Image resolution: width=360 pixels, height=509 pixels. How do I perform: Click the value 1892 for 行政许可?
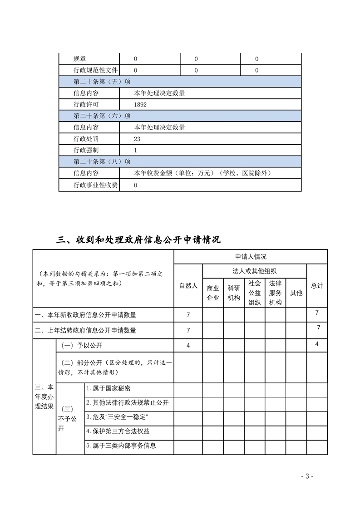[140, 104]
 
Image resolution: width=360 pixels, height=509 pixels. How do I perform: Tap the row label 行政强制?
[86, 150]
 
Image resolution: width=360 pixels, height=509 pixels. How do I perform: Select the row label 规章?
[79, 59]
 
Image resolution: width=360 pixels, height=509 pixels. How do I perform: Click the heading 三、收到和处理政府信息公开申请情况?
[138, 240]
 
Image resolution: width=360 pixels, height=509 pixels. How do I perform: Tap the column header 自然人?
[188, 285]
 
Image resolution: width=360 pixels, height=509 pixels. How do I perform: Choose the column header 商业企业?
[213, 293]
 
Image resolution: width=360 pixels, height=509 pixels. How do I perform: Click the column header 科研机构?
[234, 293]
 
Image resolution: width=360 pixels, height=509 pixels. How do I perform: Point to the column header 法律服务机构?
[276, 293]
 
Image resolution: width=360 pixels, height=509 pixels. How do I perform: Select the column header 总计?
[317, 285]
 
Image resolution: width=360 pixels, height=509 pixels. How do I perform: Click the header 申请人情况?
[251, 257]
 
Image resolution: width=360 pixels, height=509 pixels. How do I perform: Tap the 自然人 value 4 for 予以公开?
[188, 346]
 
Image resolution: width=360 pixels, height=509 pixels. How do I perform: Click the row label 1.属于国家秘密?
[109, 389]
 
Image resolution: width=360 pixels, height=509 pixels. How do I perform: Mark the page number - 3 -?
[307, 476]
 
